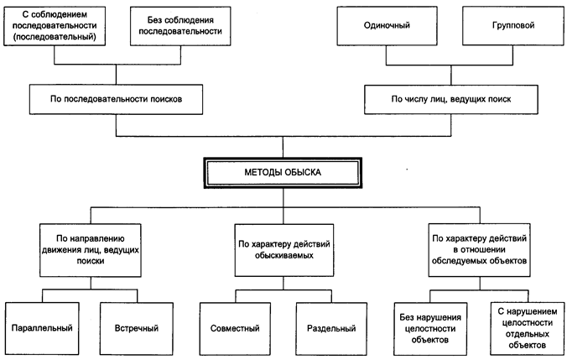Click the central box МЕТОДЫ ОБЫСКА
pyautogui.click(x=283, y=172)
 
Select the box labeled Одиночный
pyautogui.click(x=388, y=25)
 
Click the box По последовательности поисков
pyautogui.click(x=116, y=99)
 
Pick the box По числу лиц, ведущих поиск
pyautogui.click(x=450, y=100)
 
